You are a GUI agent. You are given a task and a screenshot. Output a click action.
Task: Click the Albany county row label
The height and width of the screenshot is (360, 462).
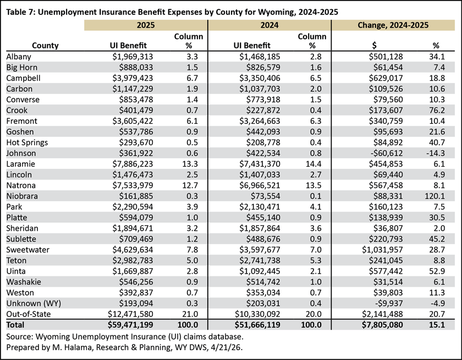tap(19, 57)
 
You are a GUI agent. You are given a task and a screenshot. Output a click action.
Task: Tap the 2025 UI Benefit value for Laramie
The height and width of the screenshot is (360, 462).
tap(133, 164)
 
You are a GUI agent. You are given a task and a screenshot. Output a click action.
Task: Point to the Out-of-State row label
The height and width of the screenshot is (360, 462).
tap(28, 314)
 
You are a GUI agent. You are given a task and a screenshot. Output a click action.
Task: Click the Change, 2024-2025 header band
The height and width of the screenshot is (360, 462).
tap(393, 25)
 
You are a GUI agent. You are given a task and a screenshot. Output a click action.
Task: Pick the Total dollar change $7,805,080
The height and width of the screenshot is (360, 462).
tap(382, 325)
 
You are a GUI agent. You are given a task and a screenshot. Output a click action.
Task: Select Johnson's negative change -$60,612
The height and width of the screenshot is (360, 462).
tap(386, 153)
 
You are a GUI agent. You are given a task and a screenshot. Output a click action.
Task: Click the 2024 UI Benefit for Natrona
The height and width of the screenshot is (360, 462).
tap(260, 185)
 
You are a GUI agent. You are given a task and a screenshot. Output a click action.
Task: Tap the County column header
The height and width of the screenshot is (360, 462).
tap(45, 46)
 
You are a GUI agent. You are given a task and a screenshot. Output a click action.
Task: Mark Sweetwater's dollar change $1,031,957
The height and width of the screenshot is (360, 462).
tap(382, 250)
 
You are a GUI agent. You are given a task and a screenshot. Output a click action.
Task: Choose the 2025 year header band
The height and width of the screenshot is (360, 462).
tap(146, 25)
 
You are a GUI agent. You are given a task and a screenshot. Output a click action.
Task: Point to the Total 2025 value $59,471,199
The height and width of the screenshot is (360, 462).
tap(130, 325)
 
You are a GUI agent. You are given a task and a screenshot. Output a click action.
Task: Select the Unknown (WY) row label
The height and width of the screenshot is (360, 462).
tap(34, 303)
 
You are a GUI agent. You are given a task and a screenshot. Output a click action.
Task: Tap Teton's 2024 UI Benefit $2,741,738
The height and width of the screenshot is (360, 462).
tap(260, 261)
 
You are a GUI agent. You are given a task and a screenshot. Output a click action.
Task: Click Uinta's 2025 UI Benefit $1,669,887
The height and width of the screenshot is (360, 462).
tap(133, 271)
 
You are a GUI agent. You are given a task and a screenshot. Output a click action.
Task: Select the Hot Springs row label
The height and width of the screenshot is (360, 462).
tap(27, 142)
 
